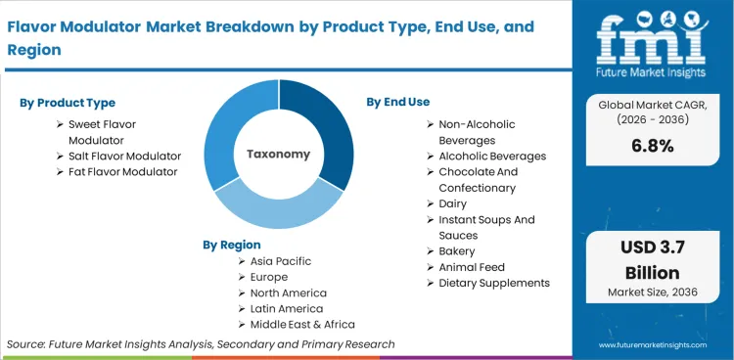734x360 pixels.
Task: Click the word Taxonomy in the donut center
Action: point(278,154)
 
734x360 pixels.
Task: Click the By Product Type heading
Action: point(67,103)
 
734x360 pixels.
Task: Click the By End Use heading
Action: point(398,102)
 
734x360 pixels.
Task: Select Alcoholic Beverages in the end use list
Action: point(492,156)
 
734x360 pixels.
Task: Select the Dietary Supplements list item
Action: point(494,283)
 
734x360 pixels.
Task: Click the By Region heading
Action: point(232,245)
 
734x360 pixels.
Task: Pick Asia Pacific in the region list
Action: point(281,261)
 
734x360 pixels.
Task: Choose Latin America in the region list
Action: point(287,308)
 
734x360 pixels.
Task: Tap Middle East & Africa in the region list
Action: point(302,324)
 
